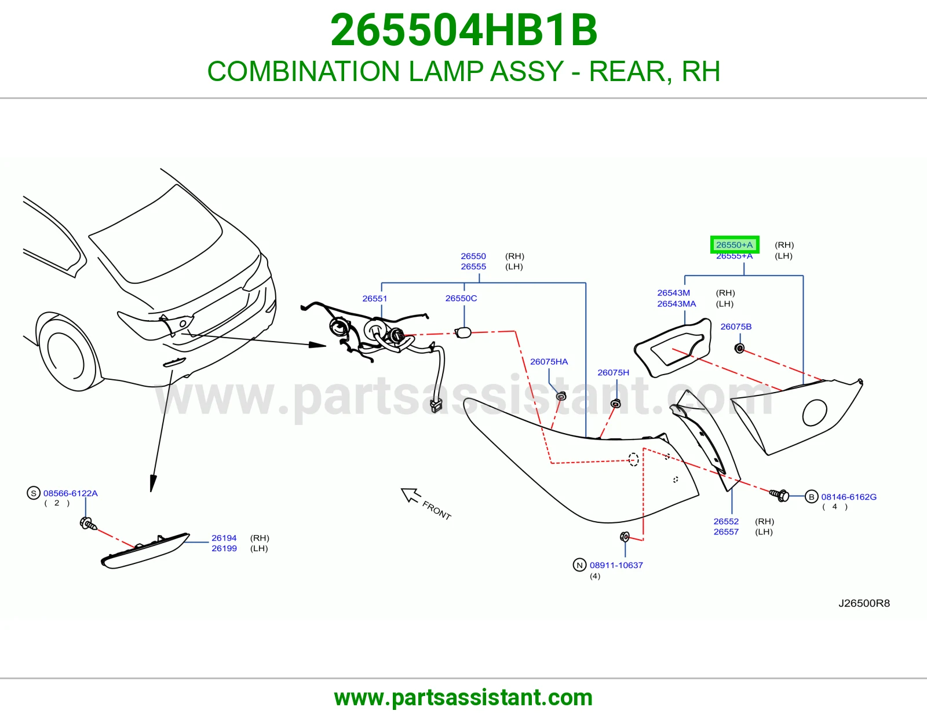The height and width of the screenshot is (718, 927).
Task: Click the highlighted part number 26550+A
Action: click(x=734, y=245)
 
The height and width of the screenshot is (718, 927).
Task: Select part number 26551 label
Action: click(x=374, y=298)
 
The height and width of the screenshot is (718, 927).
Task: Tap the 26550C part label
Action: click(x=461, y=298)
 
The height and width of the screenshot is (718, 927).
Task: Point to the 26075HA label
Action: click(x=549, y=361)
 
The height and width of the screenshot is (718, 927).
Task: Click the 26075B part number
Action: click(x=736, y=327)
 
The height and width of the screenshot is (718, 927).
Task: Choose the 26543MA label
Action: click(x=677, y=303)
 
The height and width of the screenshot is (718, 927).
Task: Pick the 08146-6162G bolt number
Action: click(x=849, y=497)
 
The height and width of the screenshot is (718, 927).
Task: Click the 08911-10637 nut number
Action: click(x=616, y=565)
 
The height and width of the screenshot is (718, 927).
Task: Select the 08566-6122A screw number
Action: click(x=70, y=493)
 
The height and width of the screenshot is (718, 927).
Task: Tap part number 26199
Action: click(x=224, y=548)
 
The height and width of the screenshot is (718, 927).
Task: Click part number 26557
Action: click(x=726, y=532)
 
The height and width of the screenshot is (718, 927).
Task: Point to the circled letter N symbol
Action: click(x=579, y=565)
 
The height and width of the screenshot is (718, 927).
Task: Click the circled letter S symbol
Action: click(x=33, y=493)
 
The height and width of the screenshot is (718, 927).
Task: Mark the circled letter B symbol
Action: click(x=811, y=497)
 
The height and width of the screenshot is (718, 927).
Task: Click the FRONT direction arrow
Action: click(x=410, y=495)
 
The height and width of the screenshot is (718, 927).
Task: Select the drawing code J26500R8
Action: click(x=864, y=603)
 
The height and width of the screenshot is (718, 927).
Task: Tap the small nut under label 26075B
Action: click(x=739, y=349)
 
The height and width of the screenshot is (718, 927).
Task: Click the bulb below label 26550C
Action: click(x=462, y=332)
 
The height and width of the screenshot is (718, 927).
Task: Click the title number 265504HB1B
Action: click(x=463, y=30)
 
